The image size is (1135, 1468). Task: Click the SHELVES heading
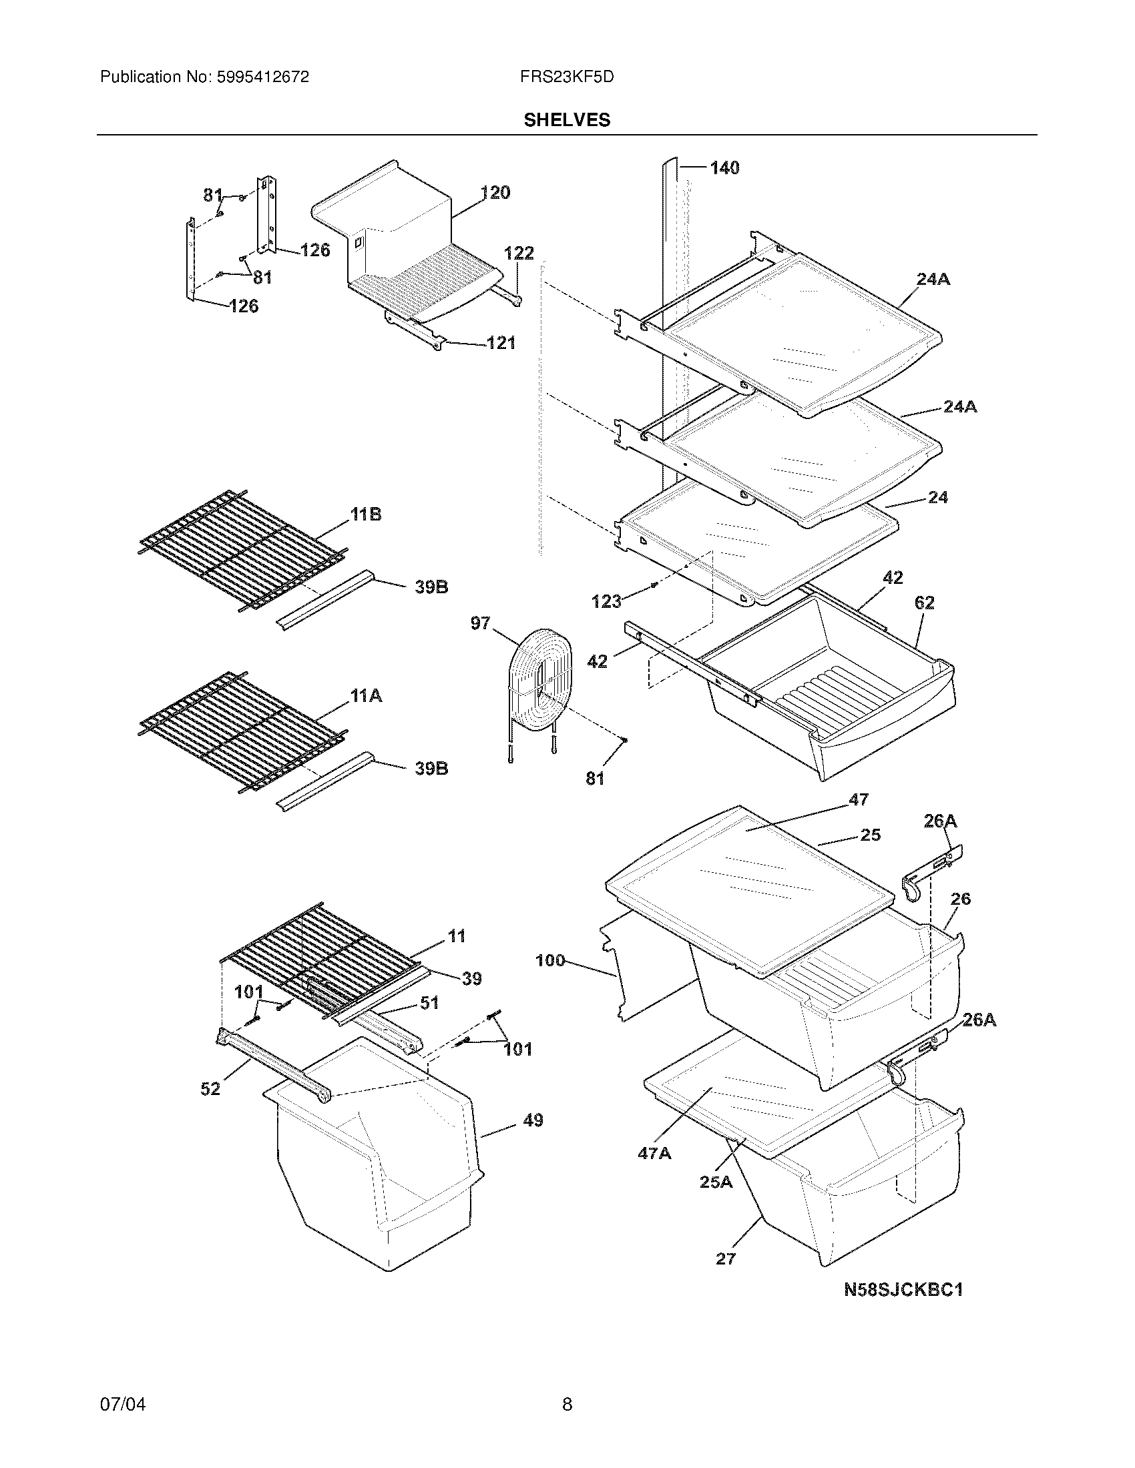[567, 119]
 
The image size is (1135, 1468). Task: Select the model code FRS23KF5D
[567, 77]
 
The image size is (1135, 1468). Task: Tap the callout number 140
[724, 167]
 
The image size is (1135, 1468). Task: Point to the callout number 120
[495, 192]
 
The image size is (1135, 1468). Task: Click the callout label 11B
[365, 514]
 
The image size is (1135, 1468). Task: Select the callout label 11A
[365, 696]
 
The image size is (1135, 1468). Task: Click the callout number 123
[606, 601]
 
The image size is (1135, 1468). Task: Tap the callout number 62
[925, 603]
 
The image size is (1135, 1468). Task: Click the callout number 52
[210, 1088]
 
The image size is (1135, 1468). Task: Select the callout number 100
[550, 960]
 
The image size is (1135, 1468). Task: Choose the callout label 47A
[654, 1154]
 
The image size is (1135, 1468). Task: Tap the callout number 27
[726, 1258]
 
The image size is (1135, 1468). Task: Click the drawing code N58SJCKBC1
[903, 1289]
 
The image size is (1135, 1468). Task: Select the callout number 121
[501, 343]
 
